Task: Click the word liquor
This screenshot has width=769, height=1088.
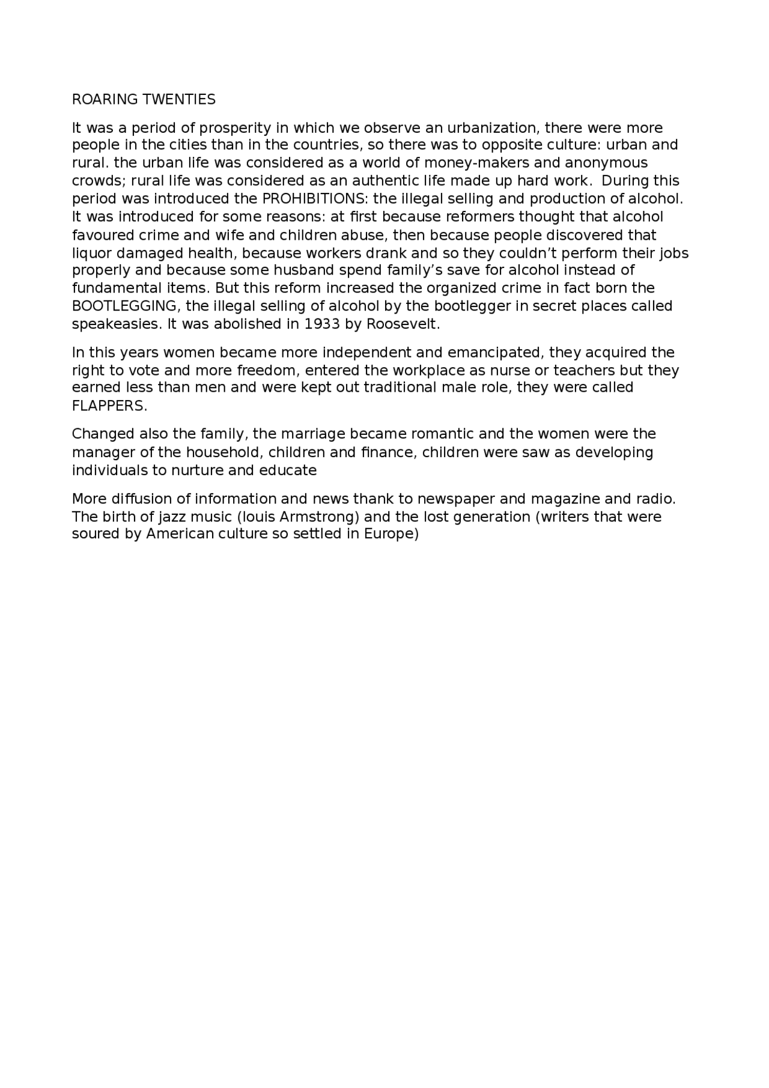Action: (91, 253)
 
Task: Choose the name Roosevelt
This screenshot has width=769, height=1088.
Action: (403, 324)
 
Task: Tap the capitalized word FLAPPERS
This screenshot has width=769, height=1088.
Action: (109, 406)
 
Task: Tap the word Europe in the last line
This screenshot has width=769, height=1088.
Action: (391, 533)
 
